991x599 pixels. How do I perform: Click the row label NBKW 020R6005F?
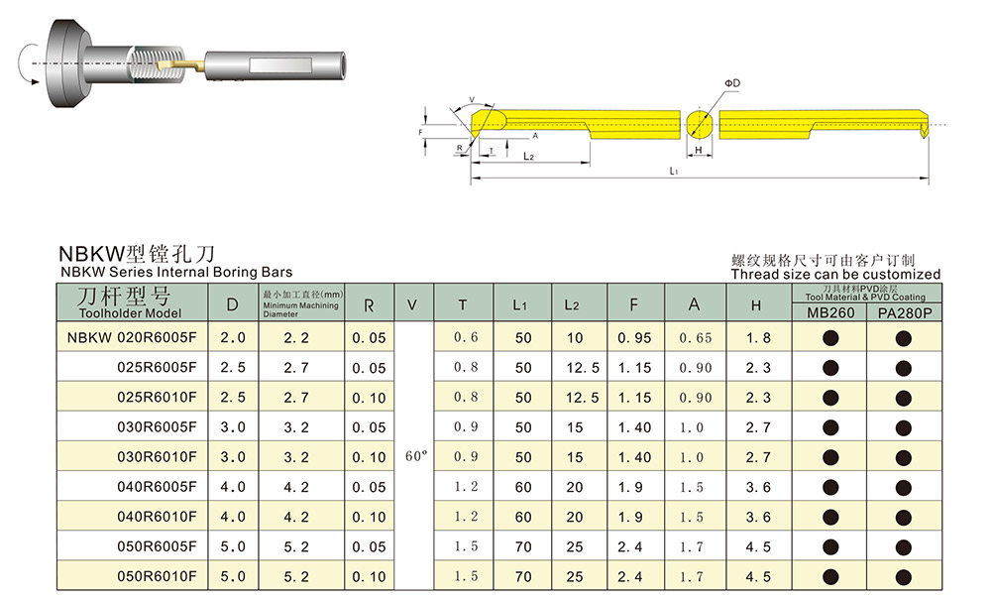(x=132, y=338)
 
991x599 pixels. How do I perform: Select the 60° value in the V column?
(x=416, y=456)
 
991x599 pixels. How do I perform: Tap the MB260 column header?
(x=830, y=312)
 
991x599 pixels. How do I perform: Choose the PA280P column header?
(x=905, y=313)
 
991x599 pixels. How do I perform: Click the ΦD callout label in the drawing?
(x=732, y=83)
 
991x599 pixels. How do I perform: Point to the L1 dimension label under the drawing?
(x=674, y=171)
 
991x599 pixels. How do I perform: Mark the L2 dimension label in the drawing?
(x=529, y=157)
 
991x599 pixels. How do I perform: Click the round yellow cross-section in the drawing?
(x=699, y=124)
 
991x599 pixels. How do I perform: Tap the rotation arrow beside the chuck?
(x=27, y=63)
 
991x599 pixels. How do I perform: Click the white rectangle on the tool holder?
(x=280, y=65)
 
